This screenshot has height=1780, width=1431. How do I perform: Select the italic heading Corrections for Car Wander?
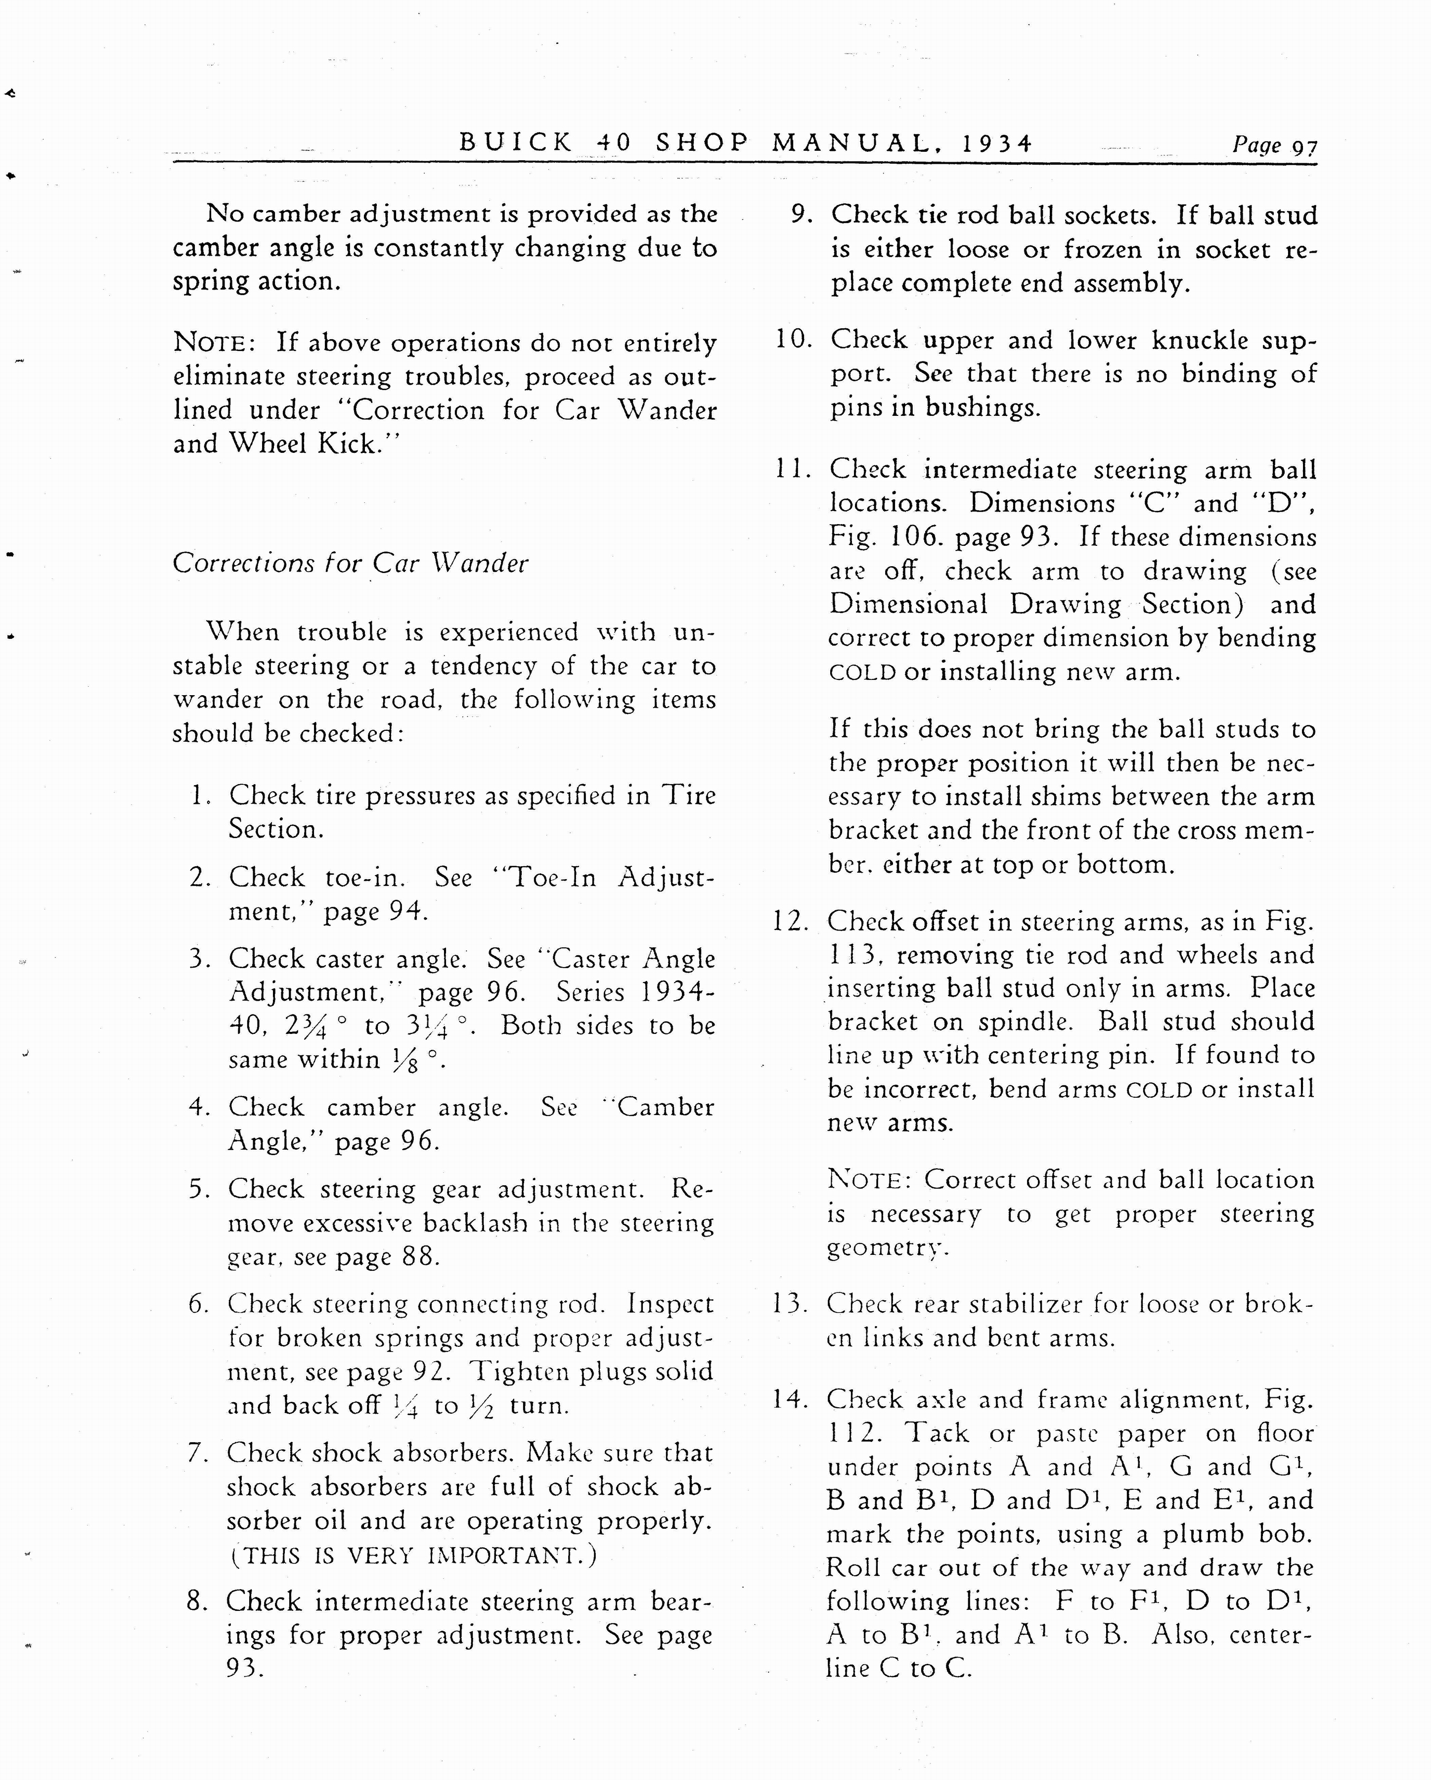(350, 563)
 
